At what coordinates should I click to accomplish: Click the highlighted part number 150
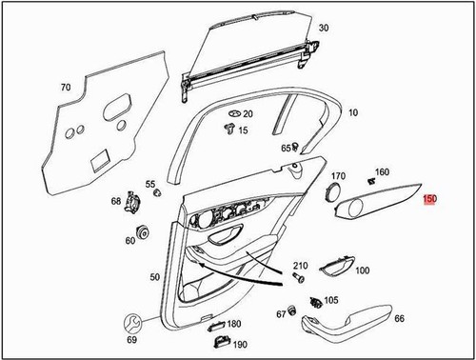click(x=430, y=200)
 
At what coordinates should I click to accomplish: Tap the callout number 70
click(x=67, y=88)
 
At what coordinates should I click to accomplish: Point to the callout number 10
click(x=352, y=112)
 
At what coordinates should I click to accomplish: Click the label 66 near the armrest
click(x=399, y=319)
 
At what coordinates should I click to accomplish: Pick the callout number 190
click(x=240, y=344)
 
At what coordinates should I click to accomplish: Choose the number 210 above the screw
click(x=300, y=264)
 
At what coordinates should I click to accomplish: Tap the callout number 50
click(x=155, y=276)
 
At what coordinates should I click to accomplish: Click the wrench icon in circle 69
click(x=132, y=321)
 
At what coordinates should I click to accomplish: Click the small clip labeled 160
click(x=369, y=180)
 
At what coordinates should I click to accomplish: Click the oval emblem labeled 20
click(x=231, y=113)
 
